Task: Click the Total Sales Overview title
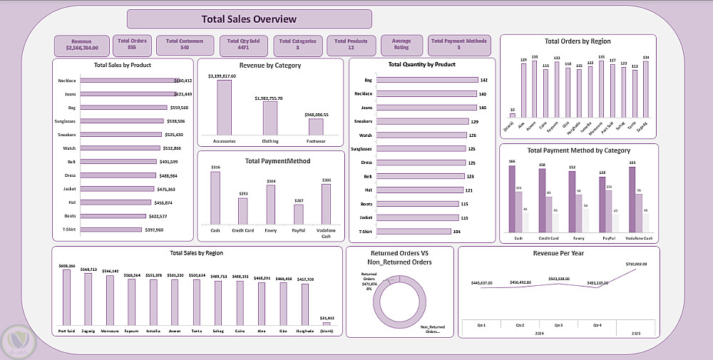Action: tap(249, 19)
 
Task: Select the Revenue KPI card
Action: tap(82, 46)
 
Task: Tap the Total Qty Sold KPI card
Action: tap(244, 46)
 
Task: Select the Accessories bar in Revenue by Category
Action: tap(224, 107)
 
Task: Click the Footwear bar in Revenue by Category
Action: tap(316, 126)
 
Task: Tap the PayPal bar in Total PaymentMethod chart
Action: tap(298, 215)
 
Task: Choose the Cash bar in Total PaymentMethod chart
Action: tap(215, 198)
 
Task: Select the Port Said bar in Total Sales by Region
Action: tap(66, 298)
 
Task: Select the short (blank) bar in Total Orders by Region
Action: tap(512, 115)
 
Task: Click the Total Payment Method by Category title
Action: tap(578, 150)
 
